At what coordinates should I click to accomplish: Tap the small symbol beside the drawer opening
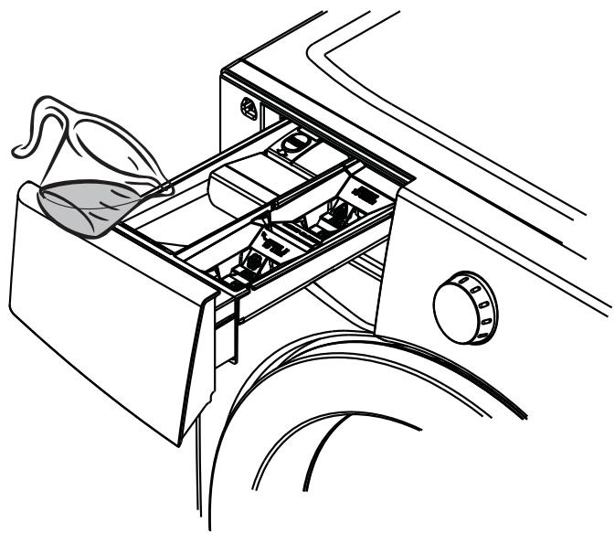(x=246, y=107)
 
